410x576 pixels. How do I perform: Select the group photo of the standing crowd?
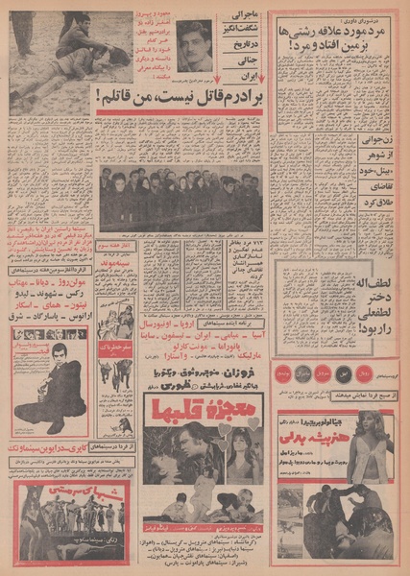pos(181,196)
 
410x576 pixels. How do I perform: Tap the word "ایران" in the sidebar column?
pos(246,73)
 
